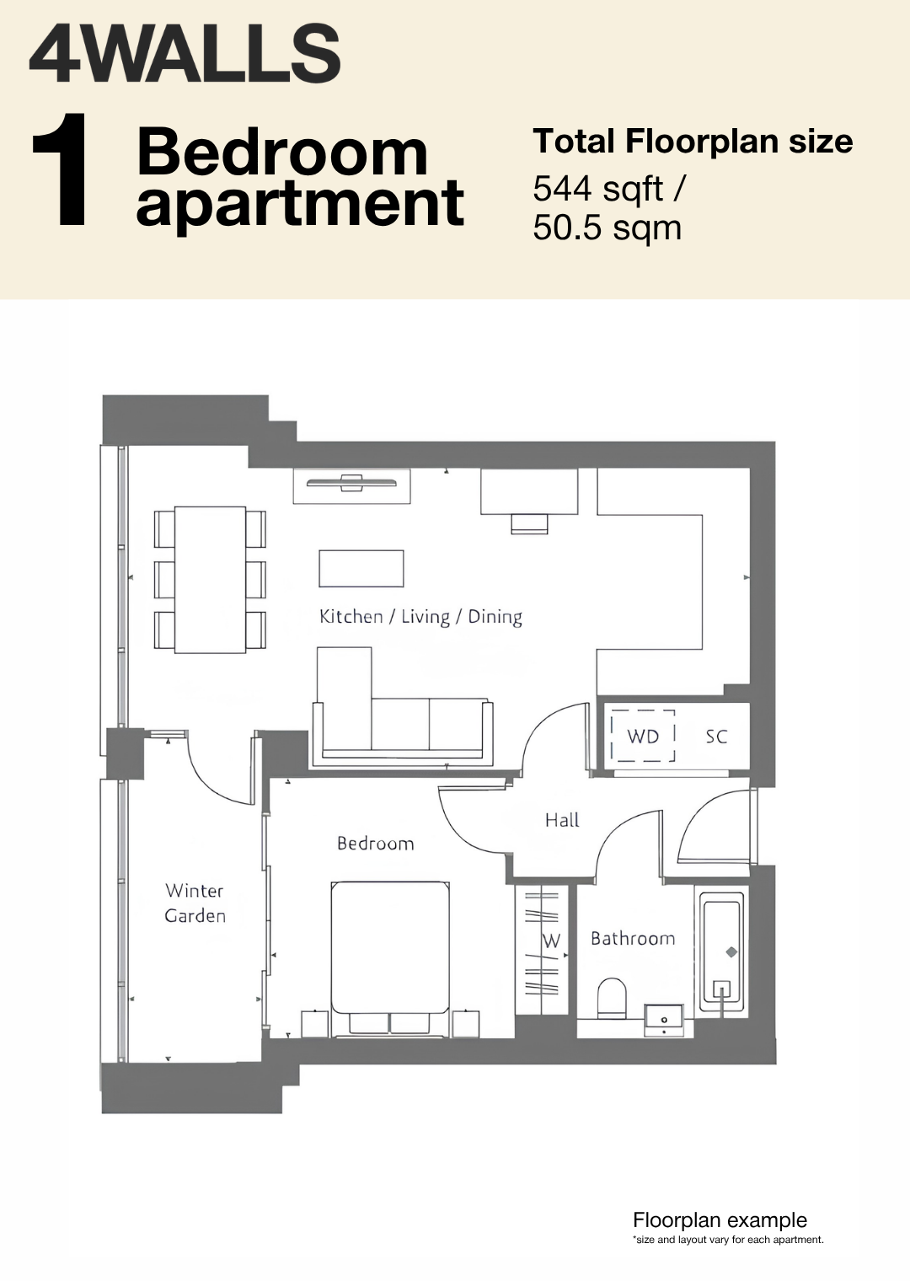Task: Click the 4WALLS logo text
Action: click(185, 53)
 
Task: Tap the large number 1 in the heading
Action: click(62, 169)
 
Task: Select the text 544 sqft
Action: click(598, 190)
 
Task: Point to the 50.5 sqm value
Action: click(607, 228)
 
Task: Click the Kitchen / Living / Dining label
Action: click(420, 617)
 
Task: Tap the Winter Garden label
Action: click(195, 903)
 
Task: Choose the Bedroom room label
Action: click(376, 844)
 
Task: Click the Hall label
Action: click(562, 820)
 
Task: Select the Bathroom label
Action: click(633, 939)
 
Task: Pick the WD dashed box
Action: click(643, 736)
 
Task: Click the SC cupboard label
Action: click(716, 737)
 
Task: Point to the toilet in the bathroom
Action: click(612, 999)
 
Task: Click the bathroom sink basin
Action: click(664, 1021)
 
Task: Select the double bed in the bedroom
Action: click(390, 959)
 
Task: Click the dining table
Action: click(210, 580)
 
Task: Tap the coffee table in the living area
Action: click(361, 568)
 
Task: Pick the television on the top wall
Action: click(351, 483)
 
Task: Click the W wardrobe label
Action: click(551, 941)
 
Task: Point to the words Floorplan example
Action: click(720, 1219)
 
